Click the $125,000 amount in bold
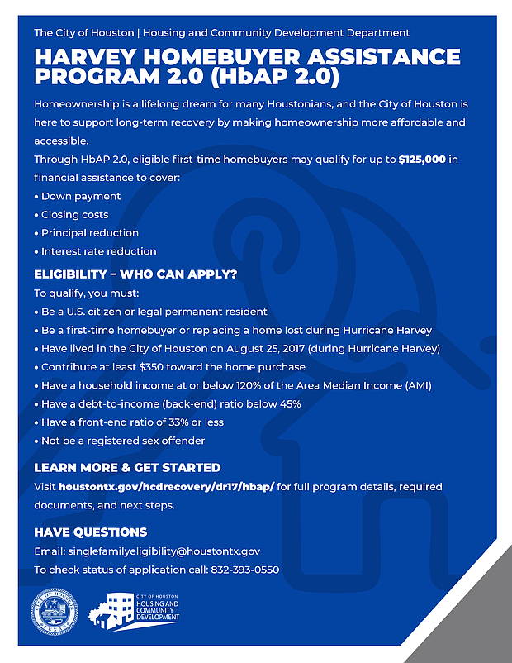coord(424,159)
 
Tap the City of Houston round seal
coord(58,612)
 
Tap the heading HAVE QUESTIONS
coord(90,532)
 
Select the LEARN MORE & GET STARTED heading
coord(127,467)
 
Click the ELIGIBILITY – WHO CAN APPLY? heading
coord(135,274)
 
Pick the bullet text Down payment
coord(80,196)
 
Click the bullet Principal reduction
coord(89,232)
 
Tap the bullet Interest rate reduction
coord(98,250)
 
